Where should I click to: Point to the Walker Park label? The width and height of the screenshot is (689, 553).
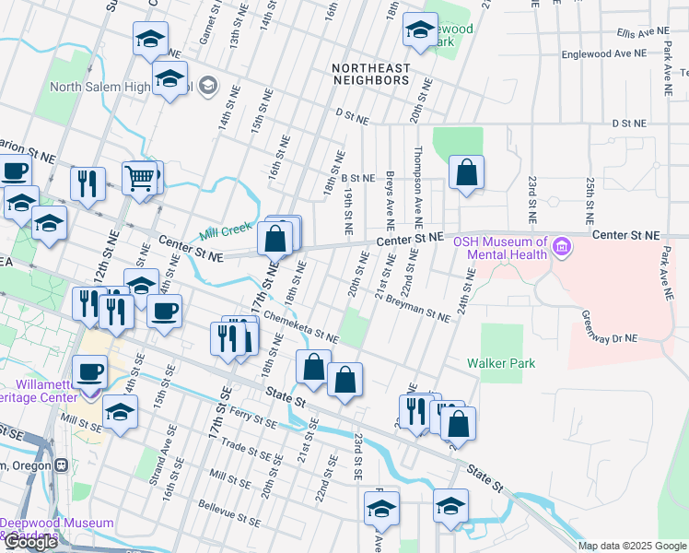tap(501, 363)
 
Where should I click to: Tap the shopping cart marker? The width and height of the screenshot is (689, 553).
tap(140, 178)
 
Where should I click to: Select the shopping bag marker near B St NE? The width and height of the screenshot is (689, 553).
tap(467, 171)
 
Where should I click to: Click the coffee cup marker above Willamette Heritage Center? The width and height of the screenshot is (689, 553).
tap(89, 372)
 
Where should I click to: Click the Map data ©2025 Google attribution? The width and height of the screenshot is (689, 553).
tap(632, 546)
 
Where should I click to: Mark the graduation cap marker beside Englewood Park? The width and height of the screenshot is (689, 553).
tap(420, 30)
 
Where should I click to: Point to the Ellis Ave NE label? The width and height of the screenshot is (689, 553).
tap(643, 31)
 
